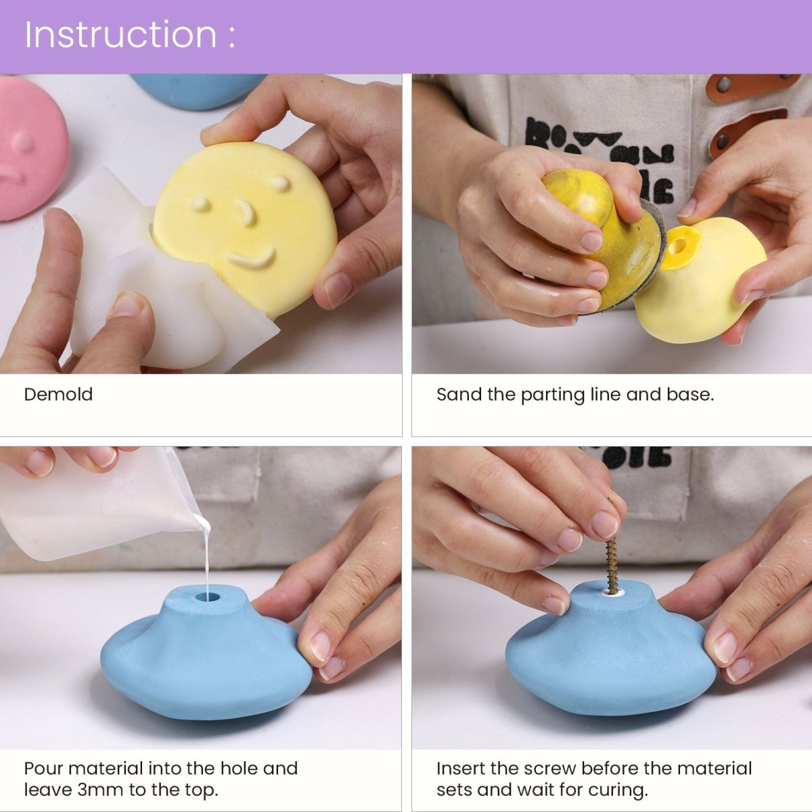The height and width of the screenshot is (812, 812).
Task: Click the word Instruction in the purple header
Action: click(120, 35)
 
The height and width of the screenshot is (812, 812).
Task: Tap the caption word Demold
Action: click(58, 394)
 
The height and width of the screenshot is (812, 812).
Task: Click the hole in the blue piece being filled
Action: click(208, 597)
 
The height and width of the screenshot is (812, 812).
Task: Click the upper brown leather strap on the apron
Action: click(751, 85)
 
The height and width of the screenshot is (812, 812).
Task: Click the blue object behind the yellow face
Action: click(196, 91)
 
